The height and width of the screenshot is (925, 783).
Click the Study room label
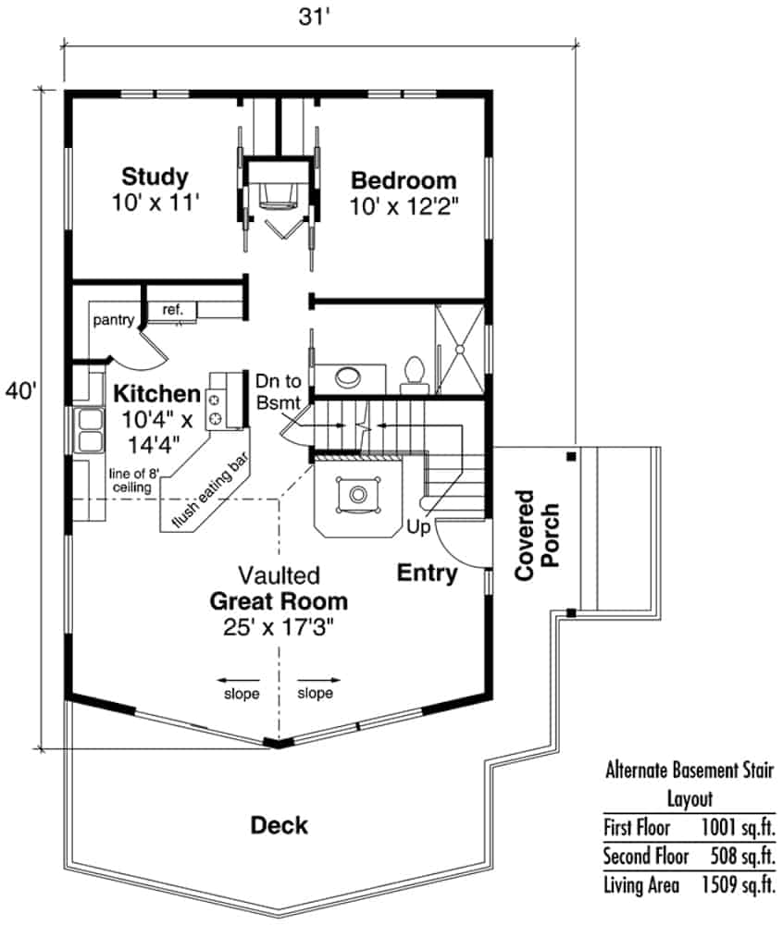coord(155,176)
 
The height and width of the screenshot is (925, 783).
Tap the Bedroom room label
coord(403,179)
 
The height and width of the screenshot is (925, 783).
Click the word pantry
coord(114,321)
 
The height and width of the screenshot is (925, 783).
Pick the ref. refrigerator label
coord(173,310)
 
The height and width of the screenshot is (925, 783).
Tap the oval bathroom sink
coord(349,377)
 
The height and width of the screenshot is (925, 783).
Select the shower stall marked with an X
coord(459,349)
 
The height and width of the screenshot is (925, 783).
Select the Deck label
coord(280,824)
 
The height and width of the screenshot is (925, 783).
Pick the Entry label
coord(427,573)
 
